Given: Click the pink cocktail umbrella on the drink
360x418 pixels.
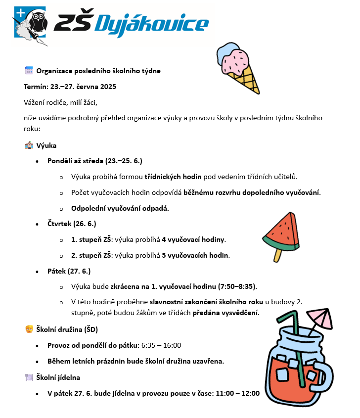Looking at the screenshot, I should coord(320,317).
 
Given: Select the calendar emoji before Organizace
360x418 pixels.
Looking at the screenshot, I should coord(29,71).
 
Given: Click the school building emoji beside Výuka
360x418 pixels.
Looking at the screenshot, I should coord(29,145).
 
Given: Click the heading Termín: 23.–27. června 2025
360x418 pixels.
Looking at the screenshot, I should coord(70,87).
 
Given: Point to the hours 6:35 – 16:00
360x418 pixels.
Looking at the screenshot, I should coord(161,345).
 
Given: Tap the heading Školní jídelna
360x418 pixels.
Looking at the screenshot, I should coord(58,377).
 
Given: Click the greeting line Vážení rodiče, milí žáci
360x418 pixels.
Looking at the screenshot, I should coord(61,102).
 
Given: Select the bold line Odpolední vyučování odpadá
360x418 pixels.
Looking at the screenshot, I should coord(120,208).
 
